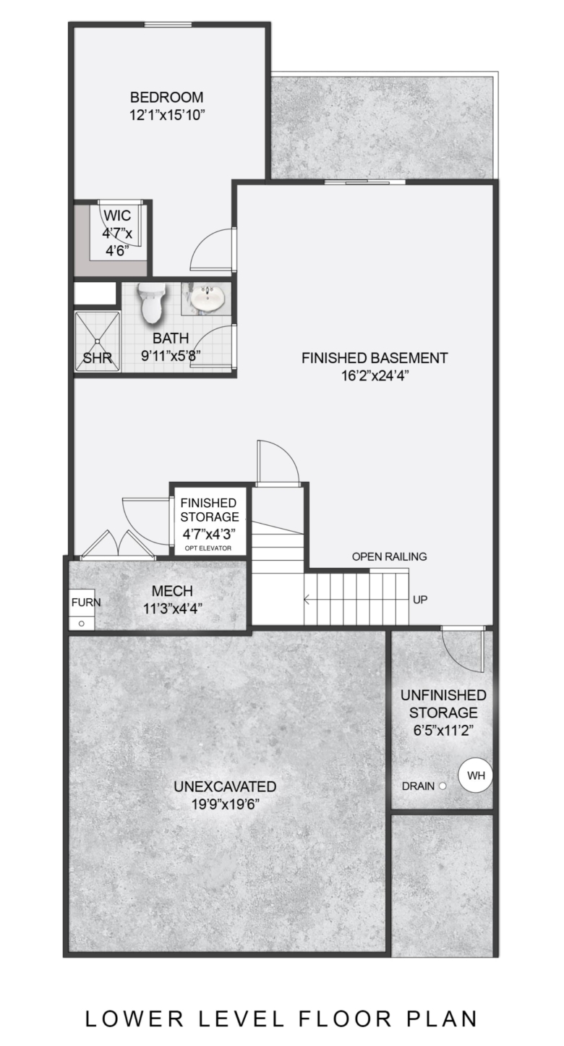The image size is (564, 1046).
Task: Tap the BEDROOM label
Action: point(167,97)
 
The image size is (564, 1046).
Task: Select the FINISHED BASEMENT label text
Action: point(375,358)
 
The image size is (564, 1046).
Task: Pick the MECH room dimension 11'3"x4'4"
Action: point(172,608)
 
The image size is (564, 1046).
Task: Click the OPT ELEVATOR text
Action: point(208,548)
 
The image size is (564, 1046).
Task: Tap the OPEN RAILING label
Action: point(390,556)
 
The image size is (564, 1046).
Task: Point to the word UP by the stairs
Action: point(419,599)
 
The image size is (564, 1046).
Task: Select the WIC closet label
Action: point(117,216)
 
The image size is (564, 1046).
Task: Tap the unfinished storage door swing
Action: point(462,650)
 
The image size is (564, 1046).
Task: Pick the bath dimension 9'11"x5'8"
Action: point(171,356)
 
